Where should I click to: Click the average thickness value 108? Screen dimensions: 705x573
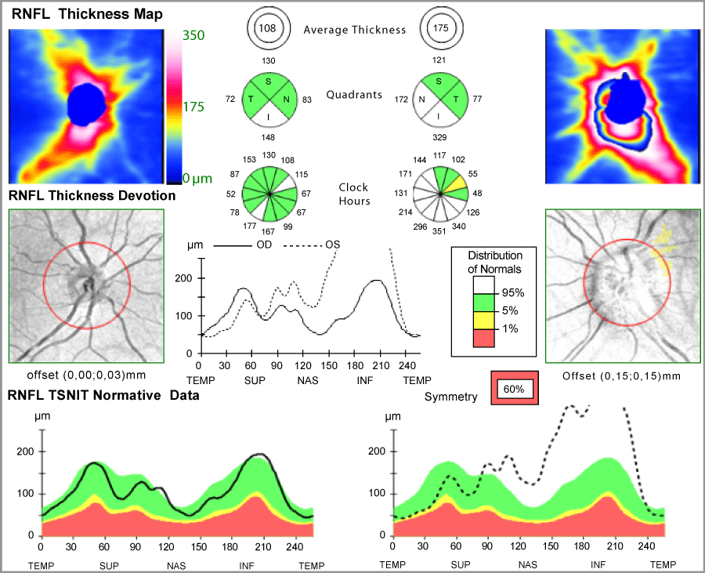(267, 28)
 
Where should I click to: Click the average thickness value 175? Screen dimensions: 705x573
(440, 28)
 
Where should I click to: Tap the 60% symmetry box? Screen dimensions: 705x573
(515, 388)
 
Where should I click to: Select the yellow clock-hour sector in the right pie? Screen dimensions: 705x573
(457, 183)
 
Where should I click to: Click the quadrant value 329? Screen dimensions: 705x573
(439, 137)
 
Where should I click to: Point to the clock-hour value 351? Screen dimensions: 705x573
(439, 231)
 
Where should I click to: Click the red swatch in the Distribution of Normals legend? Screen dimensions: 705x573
(484, 338)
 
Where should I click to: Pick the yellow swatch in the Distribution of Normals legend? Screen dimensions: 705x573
(484, 320)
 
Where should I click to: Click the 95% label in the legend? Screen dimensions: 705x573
(513, 293)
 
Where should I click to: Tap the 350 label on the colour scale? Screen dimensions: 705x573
(193, 35)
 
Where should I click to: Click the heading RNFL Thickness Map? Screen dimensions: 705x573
(87, 14)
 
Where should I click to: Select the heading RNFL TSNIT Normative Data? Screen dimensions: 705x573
(103, 395)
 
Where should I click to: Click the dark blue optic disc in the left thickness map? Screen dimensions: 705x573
(87, 105)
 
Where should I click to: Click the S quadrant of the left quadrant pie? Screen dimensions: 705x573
(269, 83)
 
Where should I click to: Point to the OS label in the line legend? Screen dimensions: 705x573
(332, 245)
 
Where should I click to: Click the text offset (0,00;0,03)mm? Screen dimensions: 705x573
(86, 375)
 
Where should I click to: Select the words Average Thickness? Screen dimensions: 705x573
(355, 30)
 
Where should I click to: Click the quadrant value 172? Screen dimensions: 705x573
(401, 99)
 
